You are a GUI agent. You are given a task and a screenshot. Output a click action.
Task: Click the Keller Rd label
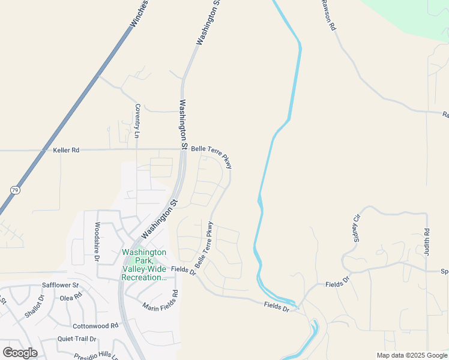point(66,150)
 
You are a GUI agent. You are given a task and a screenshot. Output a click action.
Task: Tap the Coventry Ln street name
point(137,120)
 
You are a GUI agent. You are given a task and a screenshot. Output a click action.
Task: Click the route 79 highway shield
point(14,190)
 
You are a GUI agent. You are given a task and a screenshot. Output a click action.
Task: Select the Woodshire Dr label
point(97,241)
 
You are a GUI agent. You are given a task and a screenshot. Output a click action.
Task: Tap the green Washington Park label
point(144,265)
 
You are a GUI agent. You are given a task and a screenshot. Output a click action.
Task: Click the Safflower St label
point(60,285)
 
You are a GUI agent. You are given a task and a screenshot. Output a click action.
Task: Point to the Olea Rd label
point(70,298)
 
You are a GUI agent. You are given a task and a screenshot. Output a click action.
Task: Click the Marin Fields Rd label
point(161,301)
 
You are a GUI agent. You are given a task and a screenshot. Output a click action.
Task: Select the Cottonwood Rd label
point(95,326)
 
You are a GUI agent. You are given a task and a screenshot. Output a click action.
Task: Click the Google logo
point(20,353)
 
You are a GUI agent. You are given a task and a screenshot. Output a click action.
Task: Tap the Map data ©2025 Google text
point(412,355)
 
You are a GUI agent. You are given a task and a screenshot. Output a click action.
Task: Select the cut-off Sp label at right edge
point(444,272)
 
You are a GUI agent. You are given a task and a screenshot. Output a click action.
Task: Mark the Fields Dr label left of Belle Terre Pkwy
point(184,271)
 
